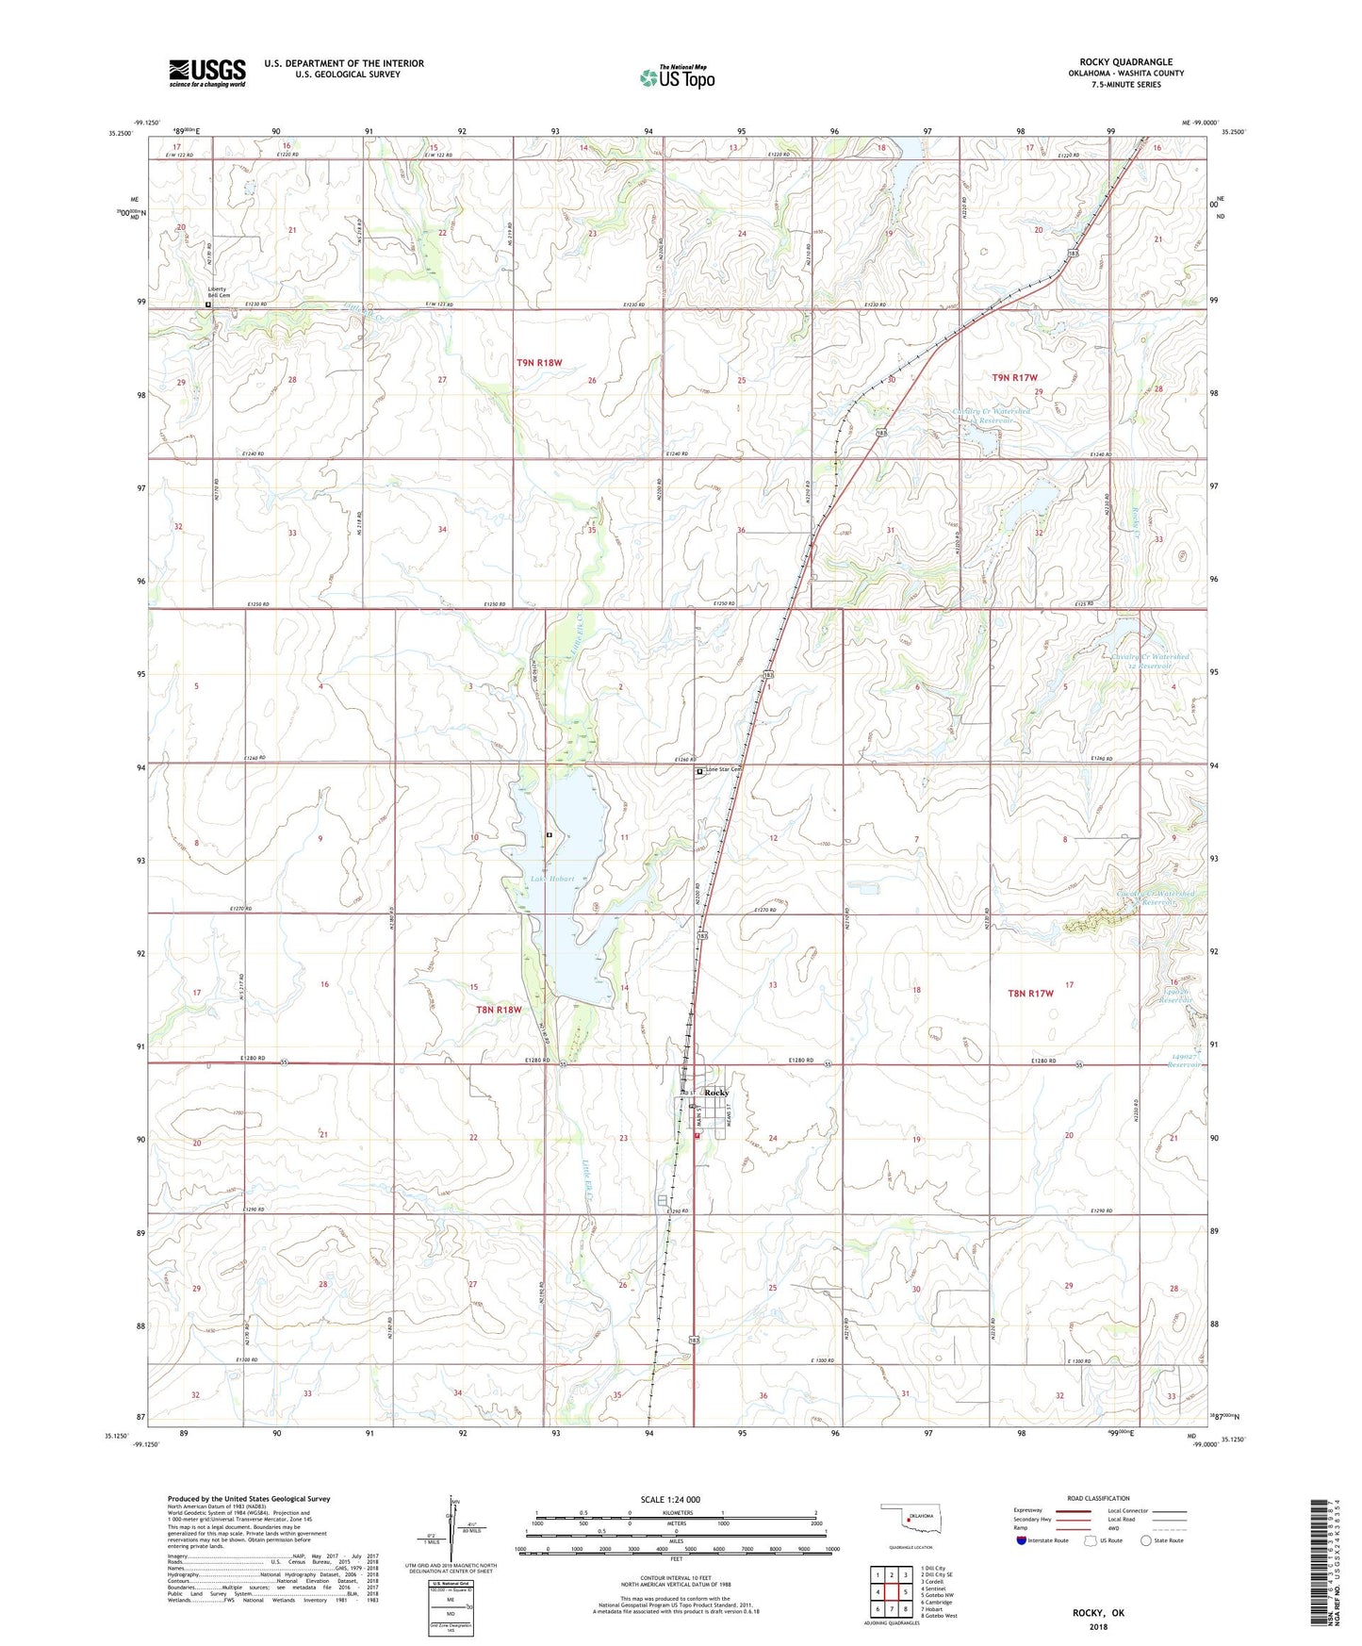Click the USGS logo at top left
tap(207, 72)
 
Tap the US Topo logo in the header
tap(677, 78)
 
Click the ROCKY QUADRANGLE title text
tap(1125, 62)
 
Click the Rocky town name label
tap(716, 1093)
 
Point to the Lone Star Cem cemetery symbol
tap(699, 772)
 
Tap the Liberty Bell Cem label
tap(219, 290)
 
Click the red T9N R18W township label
tap(539, 363)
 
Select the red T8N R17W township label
tap(1029, 993)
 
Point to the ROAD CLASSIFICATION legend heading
tap(1098, 1498)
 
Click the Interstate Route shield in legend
tap(1022, 1540)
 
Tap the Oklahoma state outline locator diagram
tap(910, 1522)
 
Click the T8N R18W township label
tap(498, 1010)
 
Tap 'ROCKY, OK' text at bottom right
tap(1098, 1613)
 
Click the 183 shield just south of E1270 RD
tap(703, 936)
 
